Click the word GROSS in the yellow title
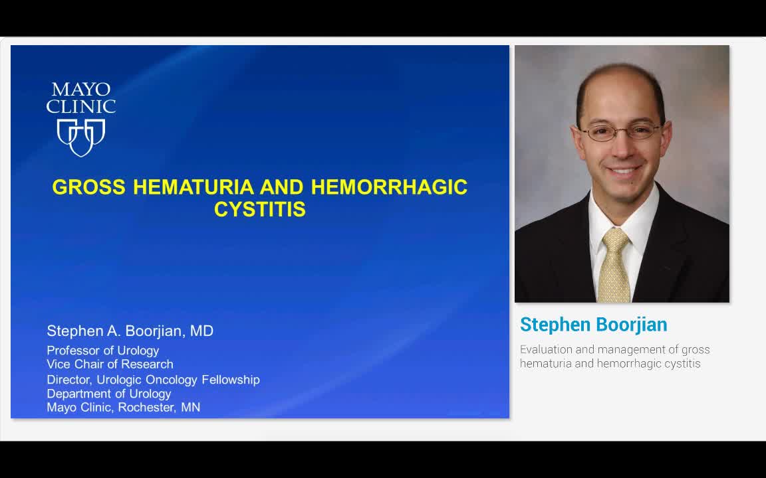[x=88, y=187]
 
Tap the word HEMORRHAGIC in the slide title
[x=389, y=187]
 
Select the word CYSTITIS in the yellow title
[x=260, y=210]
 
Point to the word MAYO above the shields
[x=81, y=90]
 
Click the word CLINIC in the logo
[x=81, y=106]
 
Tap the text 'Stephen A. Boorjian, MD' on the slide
[x=130, y=331]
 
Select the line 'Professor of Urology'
[x=102, y=351]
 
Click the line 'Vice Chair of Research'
[x=110, y=364]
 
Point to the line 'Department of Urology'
[x=108, y=394]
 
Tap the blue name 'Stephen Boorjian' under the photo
[x=593, y=325]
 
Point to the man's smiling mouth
[x=624, y=171]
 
